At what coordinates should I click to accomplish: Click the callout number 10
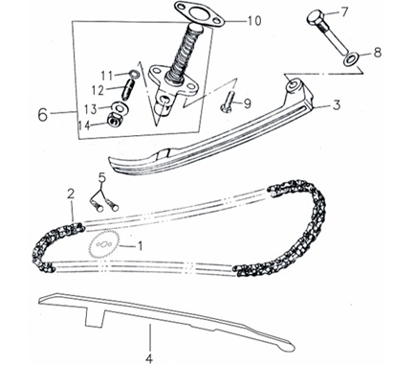pos(254,20)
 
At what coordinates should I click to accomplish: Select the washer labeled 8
pos(352,58)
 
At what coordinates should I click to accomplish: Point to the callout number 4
pos(150,358)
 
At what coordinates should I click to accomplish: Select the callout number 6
pos(43,115)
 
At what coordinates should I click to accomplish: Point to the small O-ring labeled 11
pos(135,74)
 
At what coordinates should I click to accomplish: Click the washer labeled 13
pos(120,107)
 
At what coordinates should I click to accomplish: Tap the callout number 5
pos(101,177)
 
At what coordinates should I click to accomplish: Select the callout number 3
pos(336,105)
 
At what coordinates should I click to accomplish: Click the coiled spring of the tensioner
pos(184,53)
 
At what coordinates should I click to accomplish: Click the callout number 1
pos(140,245)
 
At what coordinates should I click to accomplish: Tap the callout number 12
pos(98,91)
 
